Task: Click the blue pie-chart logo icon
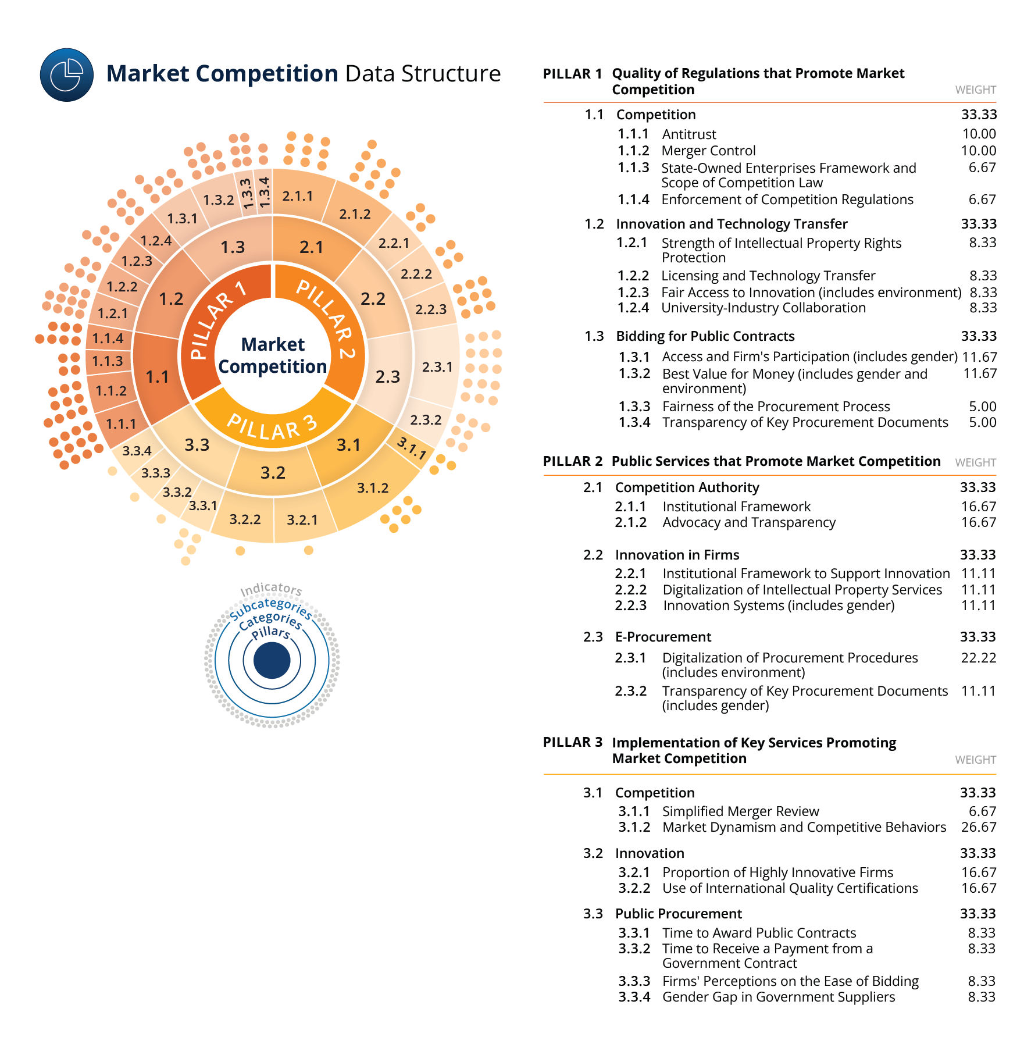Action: pos(66,75)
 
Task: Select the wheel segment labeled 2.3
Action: pos(388,376)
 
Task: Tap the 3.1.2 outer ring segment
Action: pos(373,488)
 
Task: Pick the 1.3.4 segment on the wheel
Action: pos(265,192)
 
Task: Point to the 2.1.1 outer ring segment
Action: pos(298,196)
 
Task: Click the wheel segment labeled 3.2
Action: pos(273,472)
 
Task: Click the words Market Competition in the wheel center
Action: pos(273,355)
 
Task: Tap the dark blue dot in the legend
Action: pos(272,661)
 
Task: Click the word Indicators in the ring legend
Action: pos(271,589)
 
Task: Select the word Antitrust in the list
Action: pos(689,134)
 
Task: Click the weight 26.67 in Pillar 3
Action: pos(979,827)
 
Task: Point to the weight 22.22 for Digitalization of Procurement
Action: pos(979,658)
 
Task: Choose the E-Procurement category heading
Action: pos(663,637)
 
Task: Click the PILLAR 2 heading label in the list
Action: pos(572,461)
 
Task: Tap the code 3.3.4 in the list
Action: pos(634,997)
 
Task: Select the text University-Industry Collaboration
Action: pos(763,308)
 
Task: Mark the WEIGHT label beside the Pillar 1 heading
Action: pos(975,90)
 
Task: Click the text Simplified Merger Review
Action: pos(740,811)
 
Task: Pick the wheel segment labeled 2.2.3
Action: pos(431,309)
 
